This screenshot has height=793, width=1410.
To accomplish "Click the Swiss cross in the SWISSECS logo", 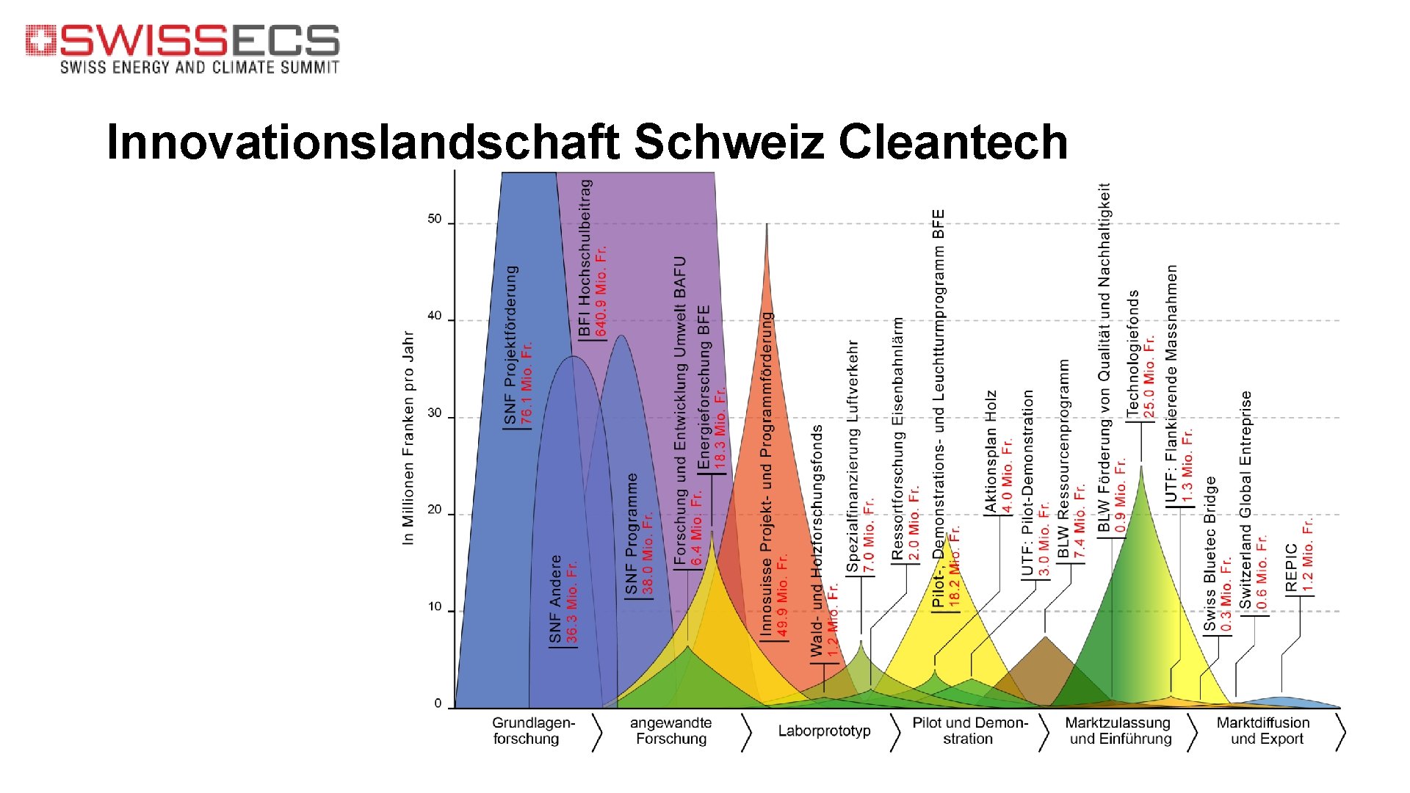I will tap(40, 40).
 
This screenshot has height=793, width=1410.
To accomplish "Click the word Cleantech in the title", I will tap(952, 142).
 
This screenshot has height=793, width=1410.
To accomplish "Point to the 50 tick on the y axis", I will tap(435, 220).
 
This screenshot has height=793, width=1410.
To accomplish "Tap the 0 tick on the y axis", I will tap(438, 703).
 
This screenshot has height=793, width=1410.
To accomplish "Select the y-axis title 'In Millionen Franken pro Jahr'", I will tap(409, 438).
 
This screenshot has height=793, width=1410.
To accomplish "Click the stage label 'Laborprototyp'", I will tap(824, 731).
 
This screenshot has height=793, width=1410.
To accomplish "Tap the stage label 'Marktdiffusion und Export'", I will tap(1263, 731).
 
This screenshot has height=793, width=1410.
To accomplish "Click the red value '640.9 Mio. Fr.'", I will tap(601, 291).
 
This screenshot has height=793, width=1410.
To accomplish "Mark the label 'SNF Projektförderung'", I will tap(510, 345).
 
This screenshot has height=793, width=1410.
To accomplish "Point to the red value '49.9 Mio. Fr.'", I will tap(783, 595).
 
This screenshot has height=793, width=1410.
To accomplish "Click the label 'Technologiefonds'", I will tap(1133, 353).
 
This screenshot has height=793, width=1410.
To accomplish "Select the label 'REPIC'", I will tap(1292, 568).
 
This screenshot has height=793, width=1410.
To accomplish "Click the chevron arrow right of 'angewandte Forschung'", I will tap(746, 731).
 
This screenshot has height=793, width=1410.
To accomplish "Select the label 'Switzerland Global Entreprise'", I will tap(1245, 499).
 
